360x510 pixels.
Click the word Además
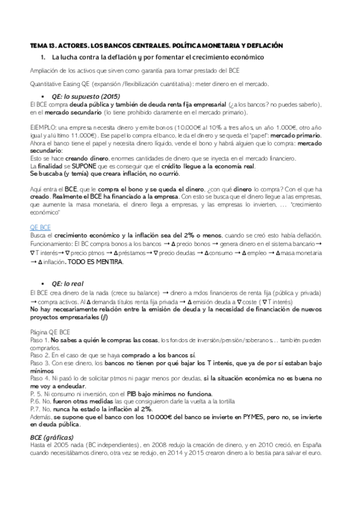(x=40, y=416)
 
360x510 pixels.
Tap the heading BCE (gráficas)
(x=52, y=436)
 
